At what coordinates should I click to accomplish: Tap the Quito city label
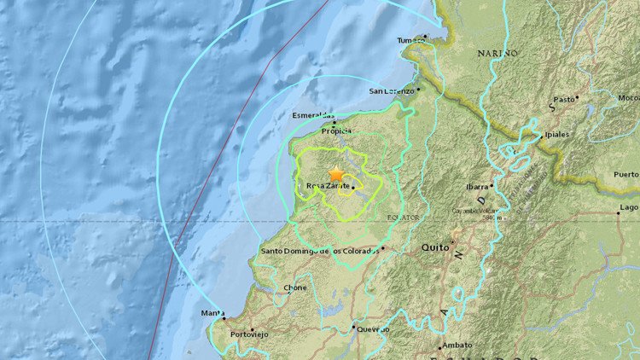435,247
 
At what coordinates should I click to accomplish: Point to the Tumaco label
411,40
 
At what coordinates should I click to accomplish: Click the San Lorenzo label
391,90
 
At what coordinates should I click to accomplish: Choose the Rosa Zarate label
325,186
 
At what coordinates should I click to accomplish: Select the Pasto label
564,100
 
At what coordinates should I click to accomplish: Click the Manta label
212,313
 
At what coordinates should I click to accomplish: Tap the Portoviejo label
247,334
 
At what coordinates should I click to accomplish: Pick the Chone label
295,288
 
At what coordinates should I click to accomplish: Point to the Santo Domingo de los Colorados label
318,251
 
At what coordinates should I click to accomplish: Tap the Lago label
629,207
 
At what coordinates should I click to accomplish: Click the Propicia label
336,132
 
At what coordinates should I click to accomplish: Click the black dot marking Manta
227,318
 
